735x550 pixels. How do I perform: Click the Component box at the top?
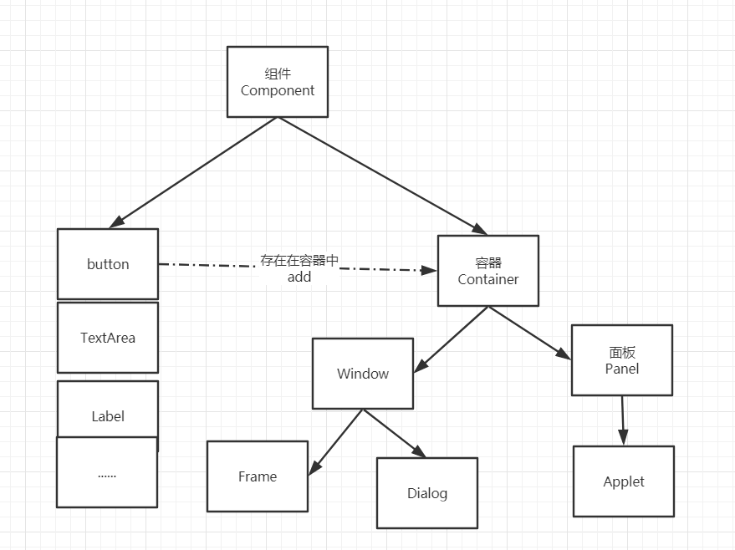coord(278,82)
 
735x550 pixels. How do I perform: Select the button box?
coord(108,264)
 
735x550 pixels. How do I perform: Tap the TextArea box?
coord(108,338)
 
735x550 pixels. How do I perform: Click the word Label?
coord(108,415)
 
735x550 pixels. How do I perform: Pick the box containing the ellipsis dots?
coord(107,473)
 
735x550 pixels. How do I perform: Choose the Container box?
coord(488,271)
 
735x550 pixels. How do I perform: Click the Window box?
coord(363,374)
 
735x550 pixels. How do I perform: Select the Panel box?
coord(621,360)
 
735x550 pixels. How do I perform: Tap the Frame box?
coord(258,476)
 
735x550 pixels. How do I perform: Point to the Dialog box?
coord(427,493)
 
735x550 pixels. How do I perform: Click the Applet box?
coord(624,481)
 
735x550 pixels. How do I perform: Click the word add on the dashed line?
coord(299,277)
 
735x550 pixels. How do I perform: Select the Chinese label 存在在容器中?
coord(299,261)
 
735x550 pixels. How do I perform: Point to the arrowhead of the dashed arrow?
coord(430,271)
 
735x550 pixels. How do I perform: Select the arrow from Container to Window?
coord(452,339)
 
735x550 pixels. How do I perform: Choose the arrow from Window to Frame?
coord(336,442)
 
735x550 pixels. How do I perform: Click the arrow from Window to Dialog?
coord(394,433)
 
